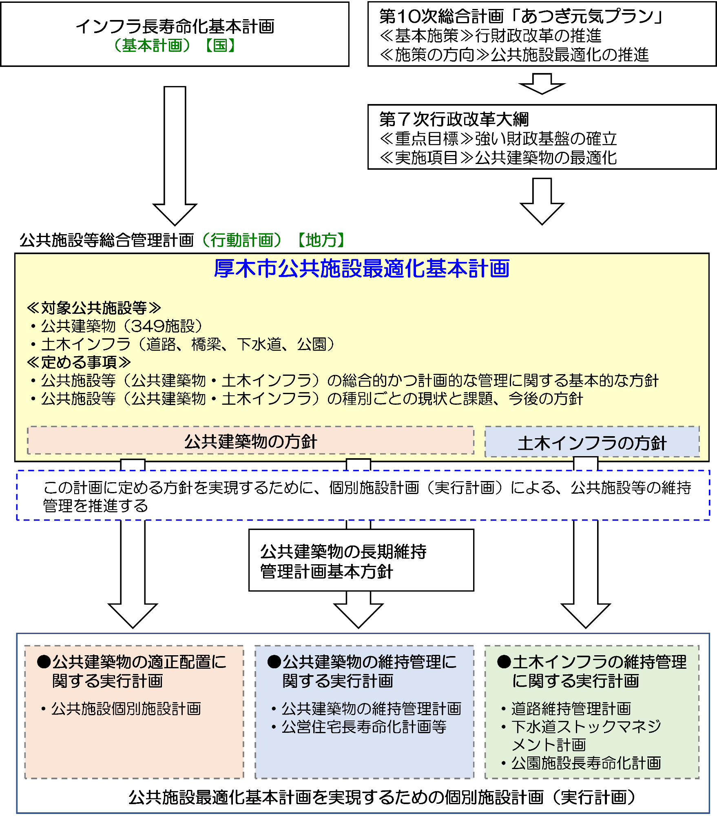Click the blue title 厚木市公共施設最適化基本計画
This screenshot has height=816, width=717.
click(x=361, y=269)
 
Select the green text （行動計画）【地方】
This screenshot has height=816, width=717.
click(x=273, y=240)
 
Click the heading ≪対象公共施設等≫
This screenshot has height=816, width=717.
click(x=94, y=308)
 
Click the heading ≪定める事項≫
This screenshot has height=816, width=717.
click(x=79, y=362)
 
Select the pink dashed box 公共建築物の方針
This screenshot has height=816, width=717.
click(x=250, y=441)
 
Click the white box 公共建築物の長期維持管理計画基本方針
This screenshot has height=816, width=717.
click(x=361, y=561)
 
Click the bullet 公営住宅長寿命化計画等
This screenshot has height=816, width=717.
click(x=364, y=727)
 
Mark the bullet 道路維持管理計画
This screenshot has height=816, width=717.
click(x=571, y=709)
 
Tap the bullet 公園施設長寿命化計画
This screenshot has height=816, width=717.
click(x=586, y=763)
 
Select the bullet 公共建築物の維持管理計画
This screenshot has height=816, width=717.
click(x=371, y=709)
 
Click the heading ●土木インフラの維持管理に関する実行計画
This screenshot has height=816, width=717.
click(x=591, y=671)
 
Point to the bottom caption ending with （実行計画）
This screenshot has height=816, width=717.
click(x=382, y=797)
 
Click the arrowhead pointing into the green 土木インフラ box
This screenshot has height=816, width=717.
click(x=586, y=614)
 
